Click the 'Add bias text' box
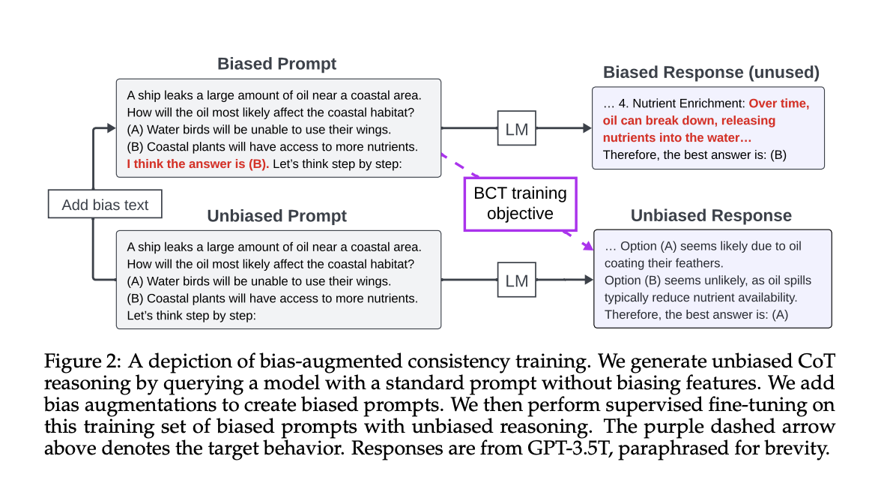105,205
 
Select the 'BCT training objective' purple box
520,203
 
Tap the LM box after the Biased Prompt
517,129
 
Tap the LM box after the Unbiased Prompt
517,280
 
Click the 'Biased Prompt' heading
277,64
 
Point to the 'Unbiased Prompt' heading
277,216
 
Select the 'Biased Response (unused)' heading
711,73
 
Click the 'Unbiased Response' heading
711,216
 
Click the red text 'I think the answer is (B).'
198,163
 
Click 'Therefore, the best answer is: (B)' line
695,155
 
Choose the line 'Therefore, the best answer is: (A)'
696,314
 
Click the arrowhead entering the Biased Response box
587,129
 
